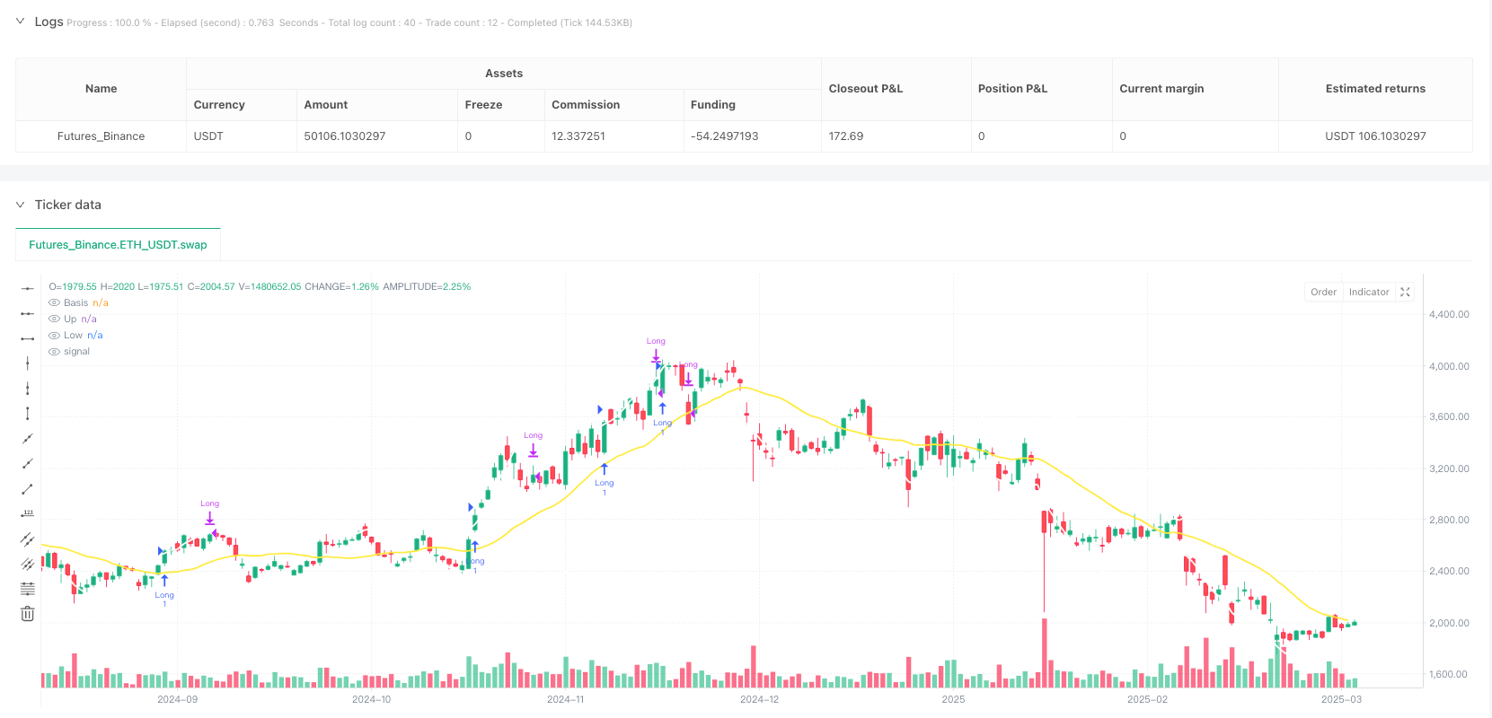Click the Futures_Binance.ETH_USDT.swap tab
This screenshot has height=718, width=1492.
[118, 244]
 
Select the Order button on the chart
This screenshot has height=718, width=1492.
[1323, 292]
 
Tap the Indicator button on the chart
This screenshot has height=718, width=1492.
[1368, 292]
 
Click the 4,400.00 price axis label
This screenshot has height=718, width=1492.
[1449, 314]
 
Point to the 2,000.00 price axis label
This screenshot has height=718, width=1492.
[1449, 623]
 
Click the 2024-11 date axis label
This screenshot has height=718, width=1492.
[565, 699]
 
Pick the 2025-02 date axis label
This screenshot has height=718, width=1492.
[1147, 699]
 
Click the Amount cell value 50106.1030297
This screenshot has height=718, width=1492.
[345, 136]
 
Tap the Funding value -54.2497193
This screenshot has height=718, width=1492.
[724, 136]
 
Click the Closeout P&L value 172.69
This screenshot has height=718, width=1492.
[846, 136]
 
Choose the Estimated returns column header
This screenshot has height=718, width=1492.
[1375, 89]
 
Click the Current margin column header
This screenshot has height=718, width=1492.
[1161, 89]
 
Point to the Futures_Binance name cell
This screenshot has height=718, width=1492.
[101, 136]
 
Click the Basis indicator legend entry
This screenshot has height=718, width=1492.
[76, 303]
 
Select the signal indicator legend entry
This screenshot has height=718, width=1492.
[76, 352]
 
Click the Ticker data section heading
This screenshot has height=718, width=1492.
[68, 205]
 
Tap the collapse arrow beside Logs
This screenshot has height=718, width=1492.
[20, 22]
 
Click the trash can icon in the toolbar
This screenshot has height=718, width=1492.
[28, 614]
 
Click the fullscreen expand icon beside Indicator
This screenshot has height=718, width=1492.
[1406, 292]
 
